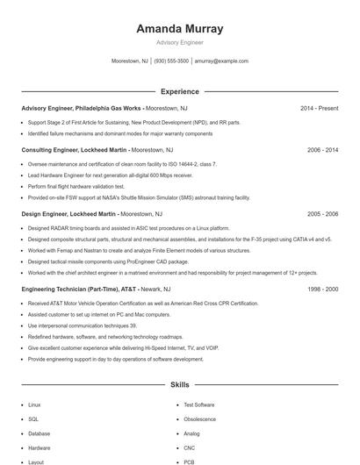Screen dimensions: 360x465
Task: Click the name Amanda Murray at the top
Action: coord(179,28)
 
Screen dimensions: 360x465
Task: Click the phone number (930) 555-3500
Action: coord(171,61)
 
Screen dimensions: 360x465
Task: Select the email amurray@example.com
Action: coord(221,61)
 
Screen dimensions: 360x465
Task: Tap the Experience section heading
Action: coord(179,91)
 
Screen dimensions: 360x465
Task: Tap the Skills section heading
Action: coord(179,384)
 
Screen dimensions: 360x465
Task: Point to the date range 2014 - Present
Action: coord(319,108)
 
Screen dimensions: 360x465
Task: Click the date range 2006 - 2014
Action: coord(322,150)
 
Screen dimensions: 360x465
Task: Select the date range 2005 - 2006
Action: coord(322,213)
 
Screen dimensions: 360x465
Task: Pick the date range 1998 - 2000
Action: coord(322,288)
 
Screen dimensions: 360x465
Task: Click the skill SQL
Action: coord(33,419)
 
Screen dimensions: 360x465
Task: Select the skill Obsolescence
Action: coord(200,419)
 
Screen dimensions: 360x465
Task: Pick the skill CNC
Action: coord(191,447)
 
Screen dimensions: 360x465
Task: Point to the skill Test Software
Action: coord(198,405)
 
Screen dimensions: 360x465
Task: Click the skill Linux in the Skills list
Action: coord(34,405)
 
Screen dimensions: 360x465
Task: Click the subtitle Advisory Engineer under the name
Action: coord(179,42)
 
